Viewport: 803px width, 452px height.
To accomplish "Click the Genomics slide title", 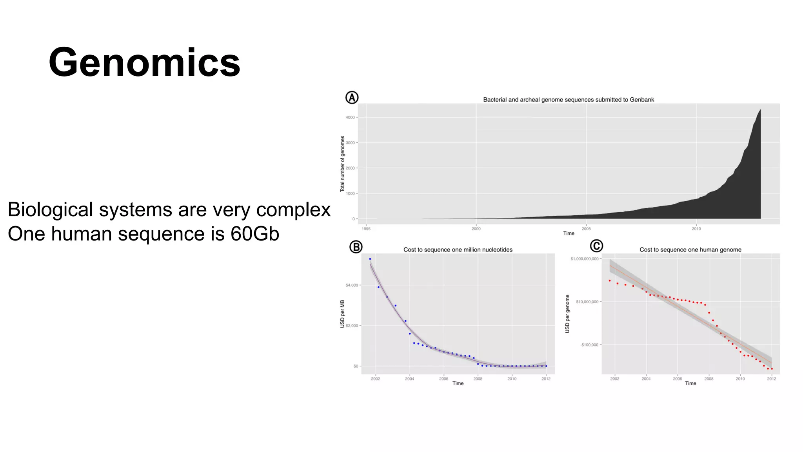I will [x=144, y=63].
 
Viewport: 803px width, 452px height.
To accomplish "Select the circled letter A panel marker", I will [x=352, y=98].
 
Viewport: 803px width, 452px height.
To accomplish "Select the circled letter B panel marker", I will [x=356, y=247].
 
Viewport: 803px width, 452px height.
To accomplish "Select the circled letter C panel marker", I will [x=596, y=246].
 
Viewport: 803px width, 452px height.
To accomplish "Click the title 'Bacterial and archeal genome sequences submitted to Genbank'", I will [x=568, y=100].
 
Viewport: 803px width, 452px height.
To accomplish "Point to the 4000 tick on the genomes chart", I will [x=350, y=117].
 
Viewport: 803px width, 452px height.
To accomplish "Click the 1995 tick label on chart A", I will [x=366, y=229].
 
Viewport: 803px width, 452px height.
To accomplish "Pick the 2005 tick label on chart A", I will [x=586, y=229].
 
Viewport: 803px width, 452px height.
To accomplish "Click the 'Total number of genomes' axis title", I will [x=342, y=164].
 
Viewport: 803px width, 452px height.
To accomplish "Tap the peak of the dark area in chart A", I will [x=760, y=110].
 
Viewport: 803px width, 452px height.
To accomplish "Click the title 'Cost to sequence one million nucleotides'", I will [x=458, y=250].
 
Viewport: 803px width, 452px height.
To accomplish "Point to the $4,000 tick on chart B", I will [x=352, y=285].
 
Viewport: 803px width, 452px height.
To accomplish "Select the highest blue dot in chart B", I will [x=370, y=259].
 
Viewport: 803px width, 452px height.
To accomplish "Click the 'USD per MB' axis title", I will [x=342, y=314].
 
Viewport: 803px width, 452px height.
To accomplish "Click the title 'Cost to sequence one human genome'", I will [x=690, y=250].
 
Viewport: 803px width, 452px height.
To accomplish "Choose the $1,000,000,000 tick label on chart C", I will [x=584, y=259].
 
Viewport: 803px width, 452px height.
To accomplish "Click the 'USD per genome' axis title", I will [x=567, y=314].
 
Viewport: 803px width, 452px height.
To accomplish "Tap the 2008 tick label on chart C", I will [x=709, y=379].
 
